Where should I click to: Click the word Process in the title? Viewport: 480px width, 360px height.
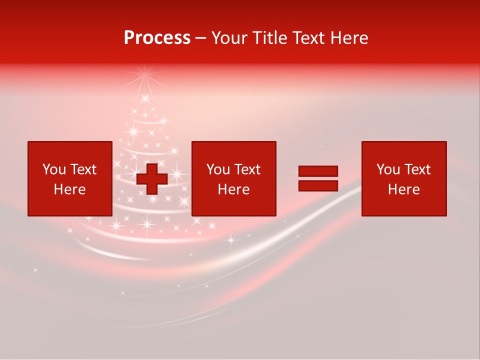[157, 38]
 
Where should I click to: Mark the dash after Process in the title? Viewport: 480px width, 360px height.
[200, 39]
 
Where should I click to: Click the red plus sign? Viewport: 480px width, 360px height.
[152, 179]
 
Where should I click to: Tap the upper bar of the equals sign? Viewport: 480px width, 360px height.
[318, 171]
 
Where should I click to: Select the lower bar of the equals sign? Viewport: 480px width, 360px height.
[318, 185]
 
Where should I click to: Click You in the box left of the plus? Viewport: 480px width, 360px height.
[54, 169]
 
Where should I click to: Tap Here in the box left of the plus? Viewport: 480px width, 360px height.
[69, 189]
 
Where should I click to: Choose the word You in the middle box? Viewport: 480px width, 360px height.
[218, 169]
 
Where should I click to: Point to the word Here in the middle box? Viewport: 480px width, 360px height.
[233, 189]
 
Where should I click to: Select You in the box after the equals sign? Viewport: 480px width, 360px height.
[388, 169]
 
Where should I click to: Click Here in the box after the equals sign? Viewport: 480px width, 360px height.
[403, 189]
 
